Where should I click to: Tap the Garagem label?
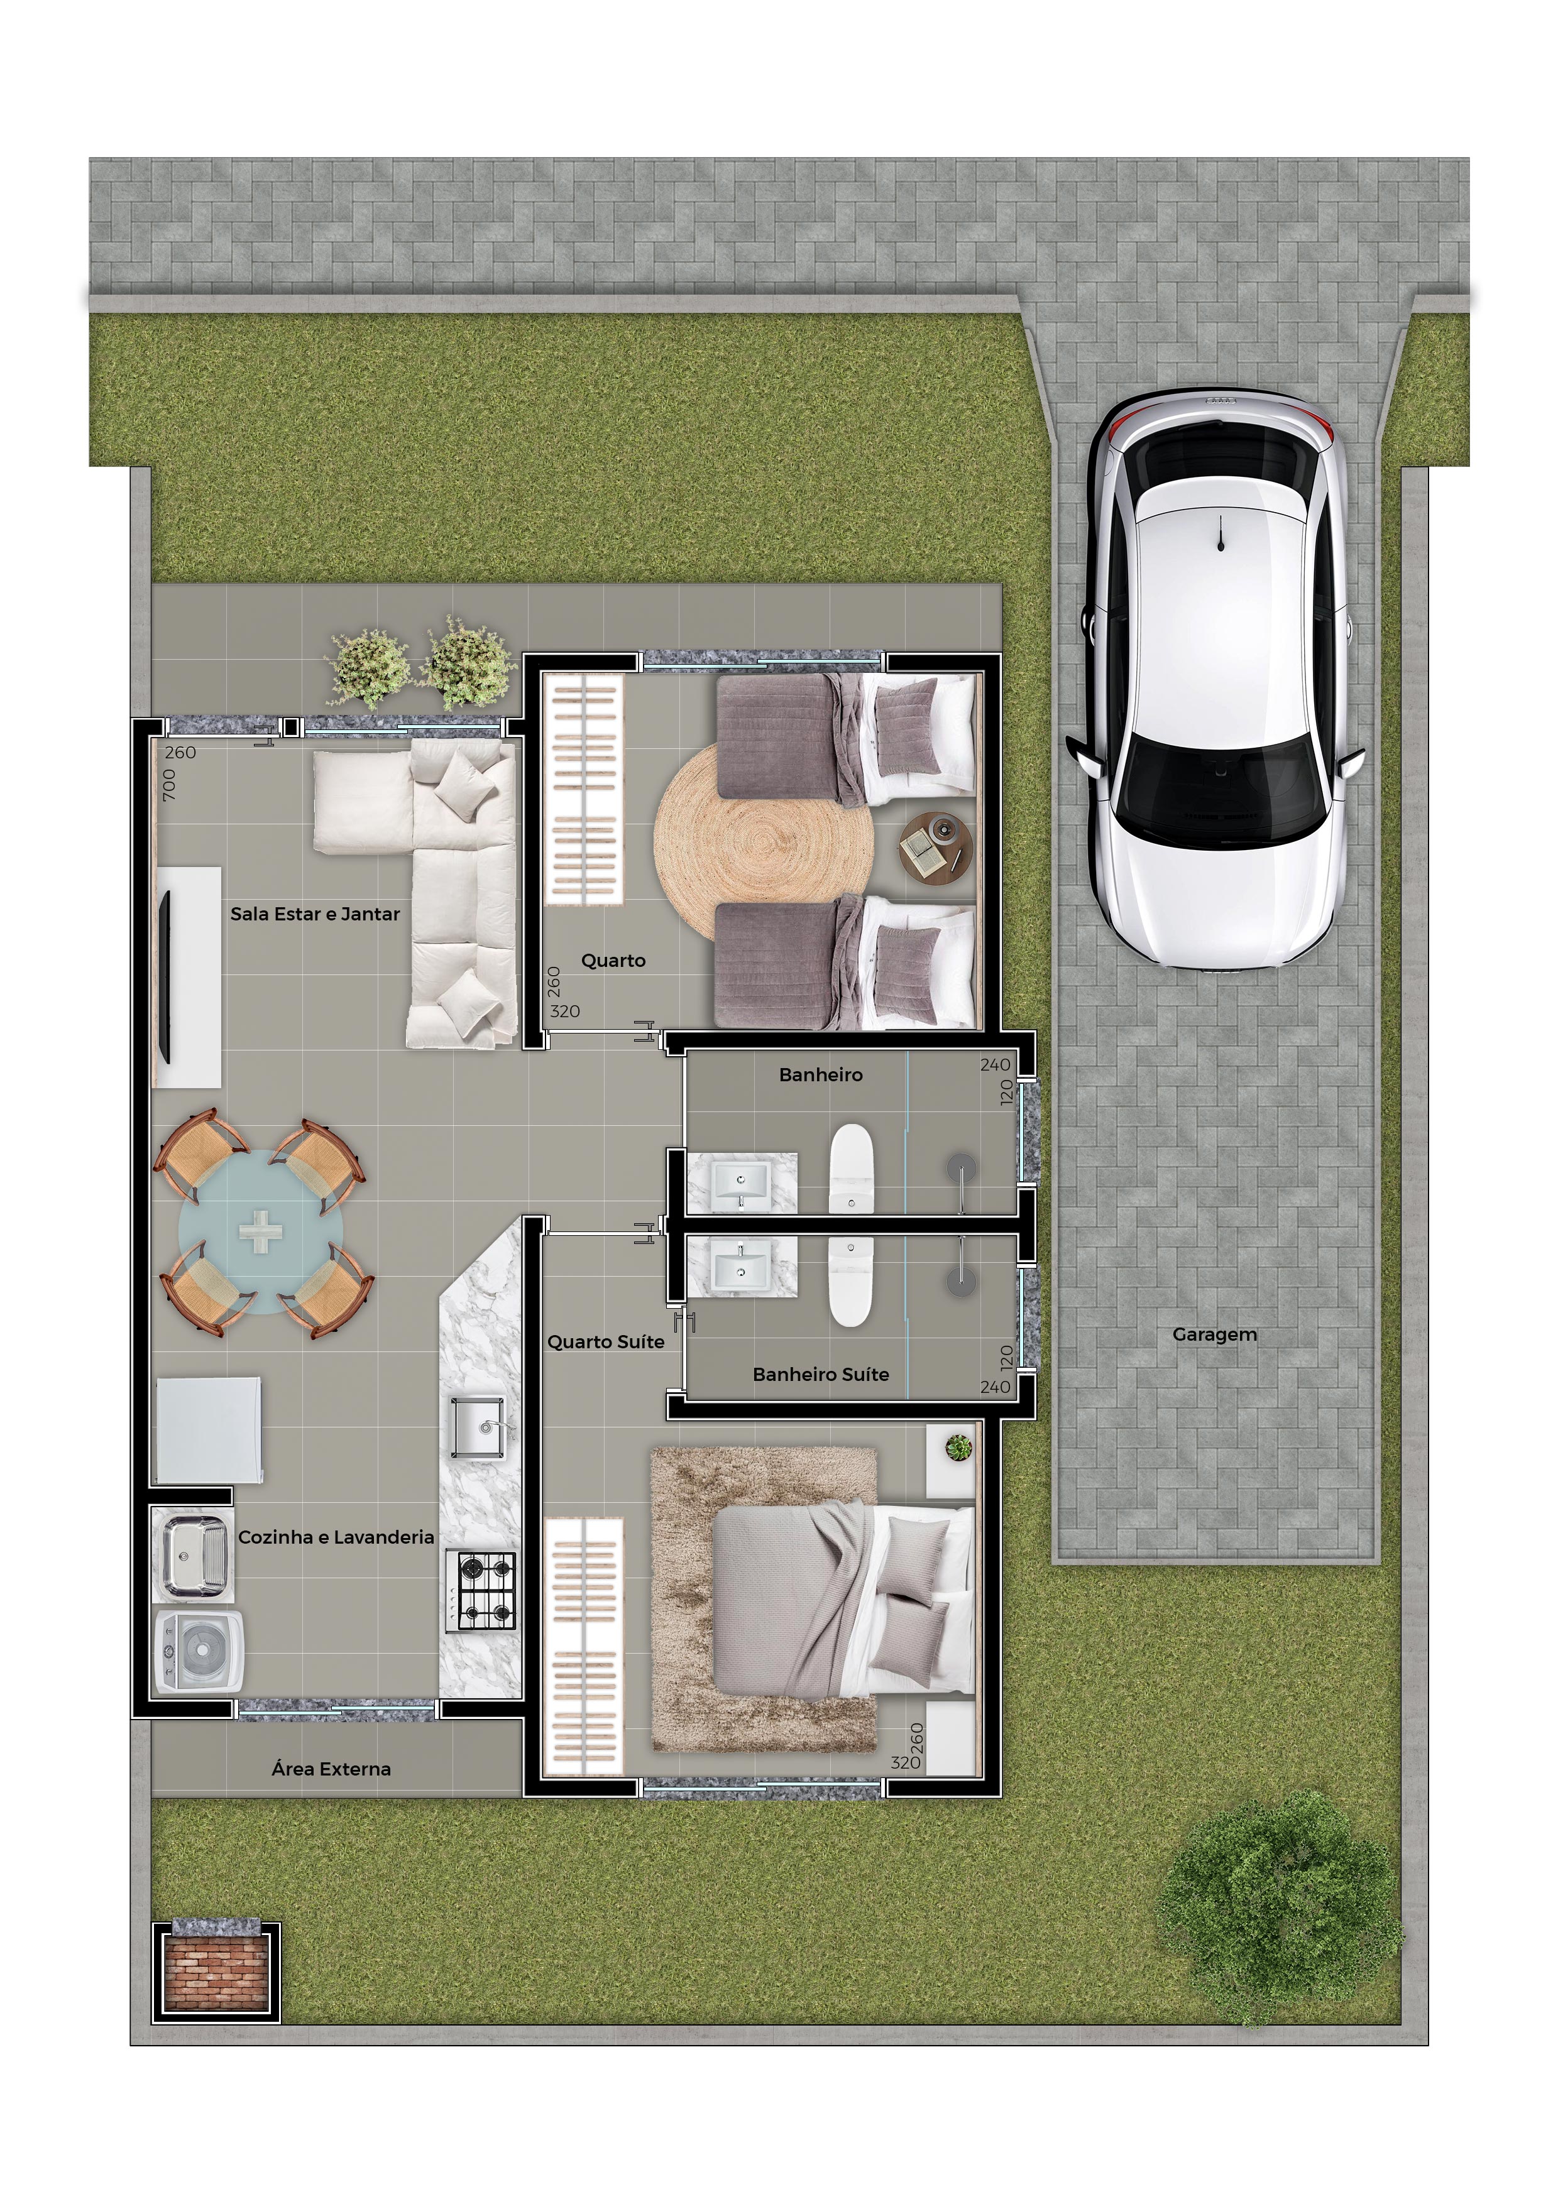1214,1334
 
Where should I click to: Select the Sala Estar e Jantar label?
315,914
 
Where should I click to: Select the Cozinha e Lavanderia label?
336,1537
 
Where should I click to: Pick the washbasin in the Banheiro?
741,1182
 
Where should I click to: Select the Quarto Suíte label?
606,1342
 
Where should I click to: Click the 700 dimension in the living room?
169,785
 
